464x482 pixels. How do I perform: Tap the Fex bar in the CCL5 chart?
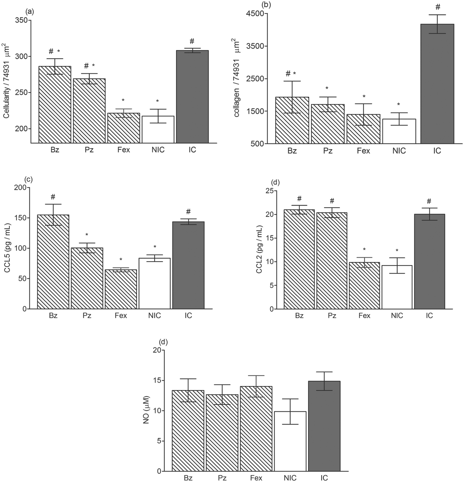121,289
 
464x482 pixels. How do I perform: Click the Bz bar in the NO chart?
188,431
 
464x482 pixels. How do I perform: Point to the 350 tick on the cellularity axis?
22,20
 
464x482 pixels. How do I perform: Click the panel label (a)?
29,12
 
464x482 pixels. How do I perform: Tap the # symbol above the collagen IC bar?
437,7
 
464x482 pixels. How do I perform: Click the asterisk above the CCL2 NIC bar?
397,251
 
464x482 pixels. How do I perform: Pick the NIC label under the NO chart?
290,478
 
